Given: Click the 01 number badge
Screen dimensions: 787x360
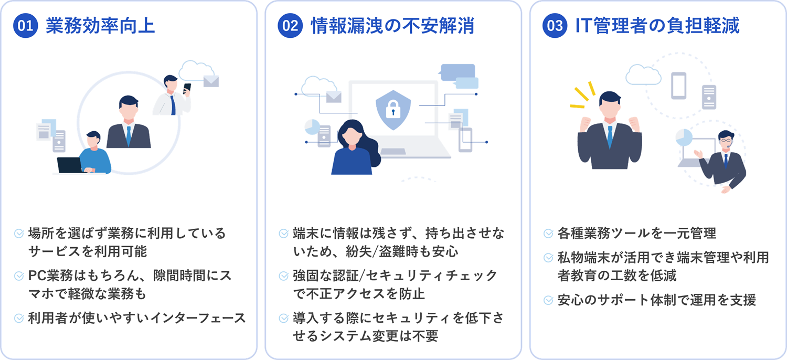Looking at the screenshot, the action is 25,26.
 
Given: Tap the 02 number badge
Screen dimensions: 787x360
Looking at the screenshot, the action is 290,26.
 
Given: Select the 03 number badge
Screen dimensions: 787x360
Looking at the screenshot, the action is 555,26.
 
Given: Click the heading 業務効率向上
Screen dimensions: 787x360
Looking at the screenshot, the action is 101,26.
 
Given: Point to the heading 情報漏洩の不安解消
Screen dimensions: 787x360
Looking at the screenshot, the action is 392,26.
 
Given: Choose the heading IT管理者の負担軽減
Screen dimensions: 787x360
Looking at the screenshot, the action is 657,26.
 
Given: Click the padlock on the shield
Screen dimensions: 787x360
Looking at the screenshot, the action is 393,109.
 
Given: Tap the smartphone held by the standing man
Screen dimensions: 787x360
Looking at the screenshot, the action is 187,88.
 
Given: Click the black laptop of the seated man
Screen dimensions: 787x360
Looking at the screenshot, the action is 70,165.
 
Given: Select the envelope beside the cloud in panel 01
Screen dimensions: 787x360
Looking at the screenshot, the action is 211,81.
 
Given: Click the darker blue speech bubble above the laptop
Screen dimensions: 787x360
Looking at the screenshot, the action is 458,72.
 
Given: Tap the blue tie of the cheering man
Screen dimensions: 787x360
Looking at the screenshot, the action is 610,136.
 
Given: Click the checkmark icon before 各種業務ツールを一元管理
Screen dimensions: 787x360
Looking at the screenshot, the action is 548,234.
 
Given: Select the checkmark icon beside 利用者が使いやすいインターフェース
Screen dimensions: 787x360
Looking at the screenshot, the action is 18,318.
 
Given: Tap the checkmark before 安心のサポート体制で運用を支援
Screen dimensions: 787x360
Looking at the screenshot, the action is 548,300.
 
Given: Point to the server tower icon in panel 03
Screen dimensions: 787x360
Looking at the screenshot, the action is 709,97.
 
